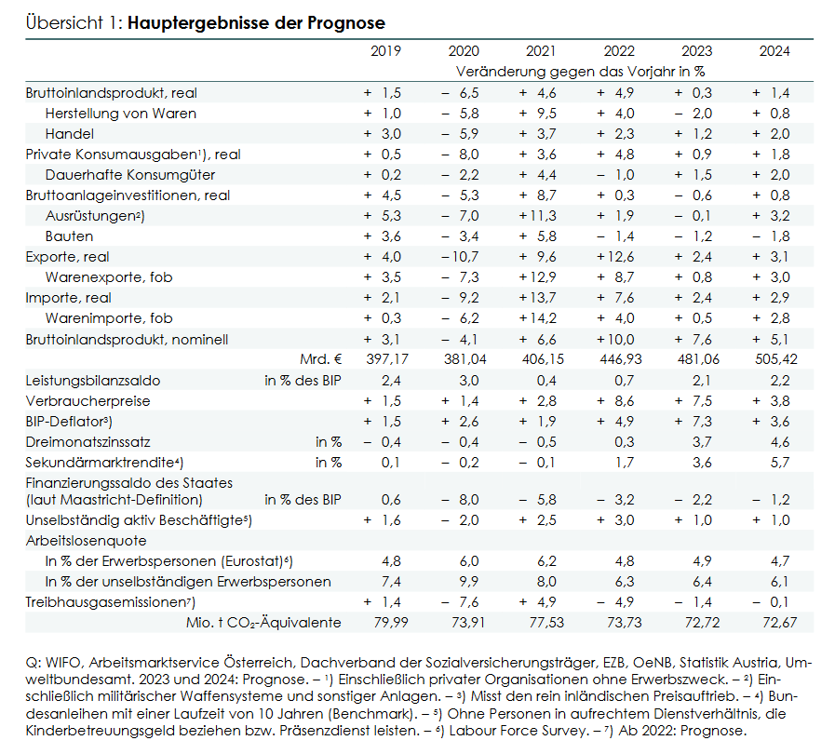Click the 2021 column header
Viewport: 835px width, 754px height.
point(541,51)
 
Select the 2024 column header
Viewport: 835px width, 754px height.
point(774,51)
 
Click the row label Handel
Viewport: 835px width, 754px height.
point(70,134)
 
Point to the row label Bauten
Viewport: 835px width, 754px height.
point(69,236)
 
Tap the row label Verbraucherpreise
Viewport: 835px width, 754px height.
point(88,401)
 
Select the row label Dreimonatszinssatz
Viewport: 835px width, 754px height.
point(88,442)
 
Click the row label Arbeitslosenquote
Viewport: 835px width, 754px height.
point(86,541)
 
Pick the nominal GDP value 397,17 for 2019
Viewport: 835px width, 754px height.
point(387,359)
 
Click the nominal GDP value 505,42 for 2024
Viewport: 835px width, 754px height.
point(776,359)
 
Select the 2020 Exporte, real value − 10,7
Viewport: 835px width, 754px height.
point(461,257)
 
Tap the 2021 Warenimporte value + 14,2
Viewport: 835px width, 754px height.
point(538,318)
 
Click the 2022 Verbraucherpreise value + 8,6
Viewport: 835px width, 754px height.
point(615,401)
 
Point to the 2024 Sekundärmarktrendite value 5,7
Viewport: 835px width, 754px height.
point(780,463)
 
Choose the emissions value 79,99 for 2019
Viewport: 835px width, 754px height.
point(391,623)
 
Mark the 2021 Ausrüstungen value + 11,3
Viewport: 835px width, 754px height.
point(538,216)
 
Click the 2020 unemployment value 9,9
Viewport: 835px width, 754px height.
point(469,582)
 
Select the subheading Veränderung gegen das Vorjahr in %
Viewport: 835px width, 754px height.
point(581,72)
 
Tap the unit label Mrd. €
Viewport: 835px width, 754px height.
point(321,359)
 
